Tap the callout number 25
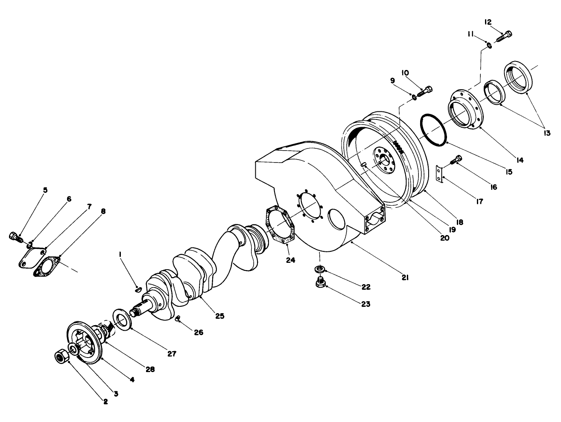[x=219, y=316]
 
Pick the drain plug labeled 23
[x=320, y=282]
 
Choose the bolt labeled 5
[x=15, y=236]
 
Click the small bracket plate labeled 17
[x=438, y=175]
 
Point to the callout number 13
[x=547, y=133]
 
